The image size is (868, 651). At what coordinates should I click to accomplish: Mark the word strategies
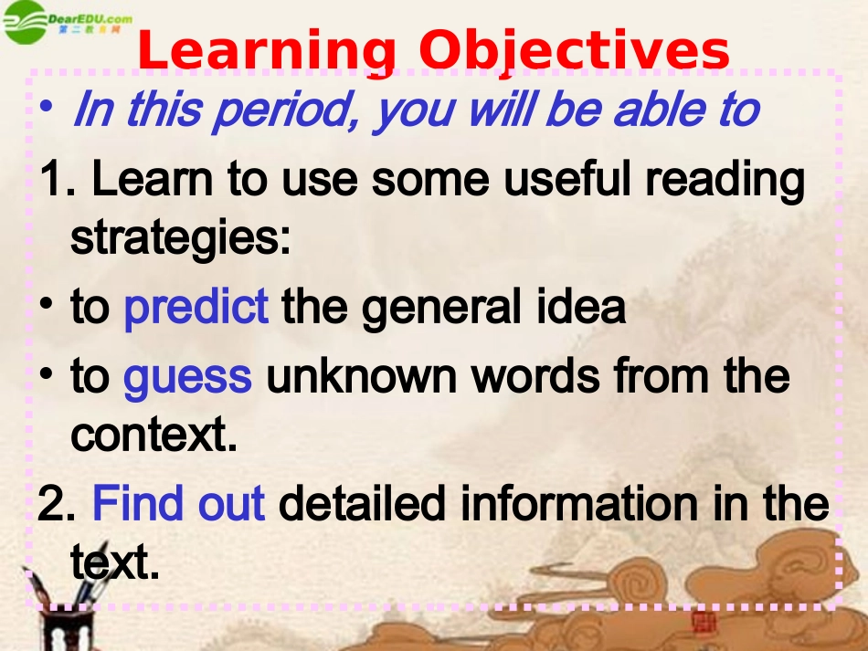tap(180, 240)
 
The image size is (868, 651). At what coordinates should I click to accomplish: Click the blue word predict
tap(196, 308)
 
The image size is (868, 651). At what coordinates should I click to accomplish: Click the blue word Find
tap(132, 503)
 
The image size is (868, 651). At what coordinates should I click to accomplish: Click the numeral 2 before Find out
tap(51, 504)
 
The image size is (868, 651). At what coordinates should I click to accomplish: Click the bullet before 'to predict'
tap(47, 306)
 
